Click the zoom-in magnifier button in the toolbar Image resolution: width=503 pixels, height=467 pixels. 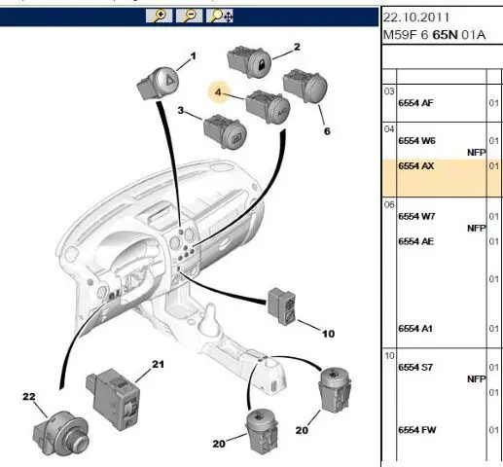159,16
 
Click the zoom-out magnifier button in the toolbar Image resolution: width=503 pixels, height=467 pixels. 189,16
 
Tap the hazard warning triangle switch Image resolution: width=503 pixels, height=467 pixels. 159,83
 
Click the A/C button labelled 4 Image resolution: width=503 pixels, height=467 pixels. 268,107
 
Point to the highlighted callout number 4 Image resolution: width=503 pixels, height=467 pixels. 218,92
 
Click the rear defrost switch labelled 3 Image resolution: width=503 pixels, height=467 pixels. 226,131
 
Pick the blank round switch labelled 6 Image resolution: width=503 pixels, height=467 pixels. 305,86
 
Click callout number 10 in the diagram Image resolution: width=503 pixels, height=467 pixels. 328,334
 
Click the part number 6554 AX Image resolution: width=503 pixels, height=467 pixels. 416,166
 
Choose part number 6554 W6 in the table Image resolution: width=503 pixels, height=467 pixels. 416,141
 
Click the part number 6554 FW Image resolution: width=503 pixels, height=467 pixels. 417,430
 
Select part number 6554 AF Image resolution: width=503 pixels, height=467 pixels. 415,103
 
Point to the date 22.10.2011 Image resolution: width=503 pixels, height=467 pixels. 416,18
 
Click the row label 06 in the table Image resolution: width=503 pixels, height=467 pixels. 389,204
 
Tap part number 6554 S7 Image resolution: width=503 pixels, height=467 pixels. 415,367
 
